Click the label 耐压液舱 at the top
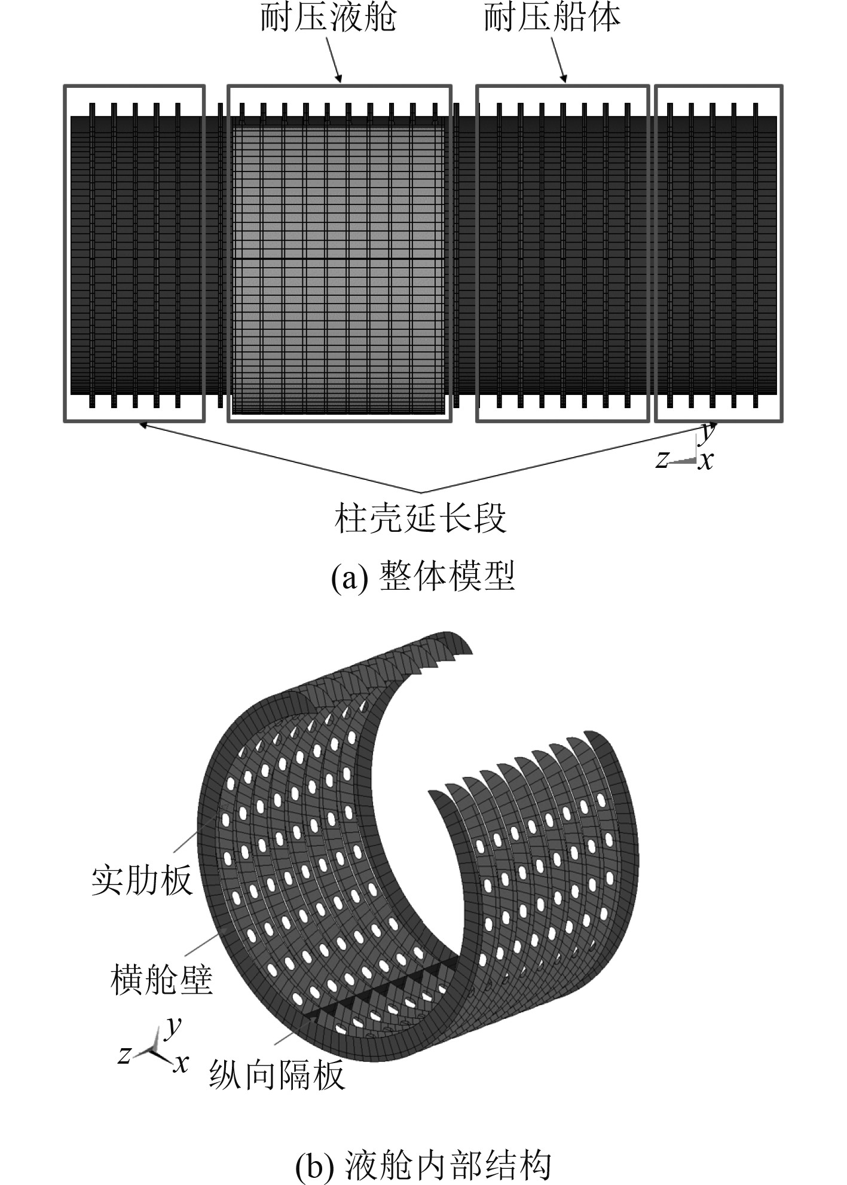[328, 17]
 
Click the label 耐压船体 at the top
[552, 17]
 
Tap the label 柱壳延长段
[421, 518]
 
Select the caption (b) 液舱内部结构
[423, 1162]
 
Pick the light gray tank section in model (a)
[338, 263]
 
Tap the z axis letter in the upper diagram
[661, 459]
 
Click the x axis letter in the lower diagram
[181, 1063]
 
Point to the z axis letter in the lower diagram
[124, 1055]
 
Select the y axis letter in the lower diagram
[174, 1025]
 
